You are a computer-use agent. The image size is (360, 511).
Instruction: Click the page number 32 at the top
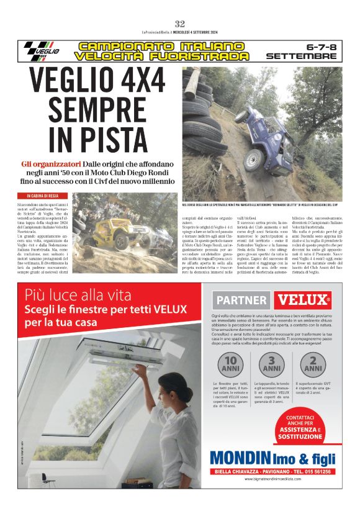click(180, 24)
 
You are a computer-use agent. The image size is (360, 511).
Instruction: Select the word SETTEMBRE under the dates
click(301, 57)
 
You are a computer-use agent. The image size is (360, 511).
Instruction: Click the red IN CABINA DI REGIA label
click(39, 196)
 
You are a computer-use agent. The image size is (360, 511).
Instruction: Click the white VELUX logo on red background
click(304, 301)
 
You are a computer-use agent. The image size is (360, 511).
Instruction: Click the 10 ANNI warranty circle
click(233, 364)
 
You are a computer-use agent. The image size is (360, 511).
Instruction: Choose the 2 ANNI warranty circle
click(313, 364)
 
